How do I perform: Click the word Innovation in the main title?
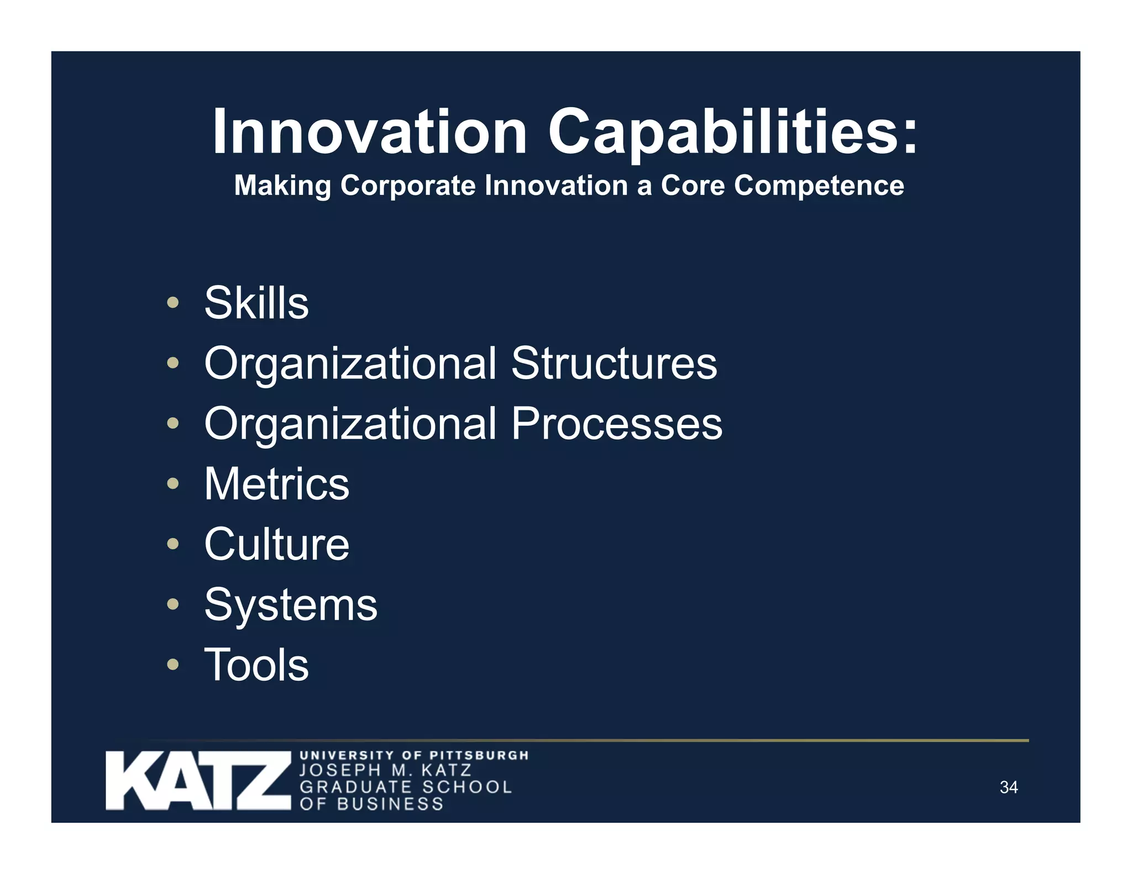[x=369, y=131]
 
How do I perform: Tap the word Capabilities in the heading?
[x=732, y=131]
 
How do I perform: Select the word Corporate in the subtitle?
[x=408, y=185]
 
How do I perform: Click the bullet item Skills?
[x=256, y=303]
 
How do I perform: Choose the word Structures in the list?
[x=614, y=363]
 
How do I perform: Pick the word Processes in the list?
[x=616, y=423]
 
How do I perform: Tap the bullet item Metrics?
[x=276, y=484]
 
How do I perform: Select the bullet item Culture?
[x=276, y=544]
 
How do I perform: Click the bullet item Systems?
[x=291, y=604]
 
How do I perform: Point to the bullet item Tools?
[x=256, y=665]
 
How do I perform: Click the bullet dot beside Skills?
[x=173, y=303]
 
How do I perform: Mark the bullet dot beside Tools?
[x=173, y=665]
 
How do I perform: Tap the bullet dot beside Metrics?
[x=173, y=484]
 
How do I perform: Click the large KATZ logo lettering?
[x=198, y=781]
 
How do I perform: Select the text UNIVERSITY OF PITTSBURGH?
[x=414, y=755]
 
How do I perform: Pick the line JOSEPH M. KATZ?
[x=385, y=770]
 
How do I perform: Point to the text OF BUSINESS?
[x=371, y=804]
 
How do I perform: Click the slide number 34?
[x=1009, y=787]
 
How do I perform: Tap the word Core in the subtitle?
[x=693, y=185]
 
